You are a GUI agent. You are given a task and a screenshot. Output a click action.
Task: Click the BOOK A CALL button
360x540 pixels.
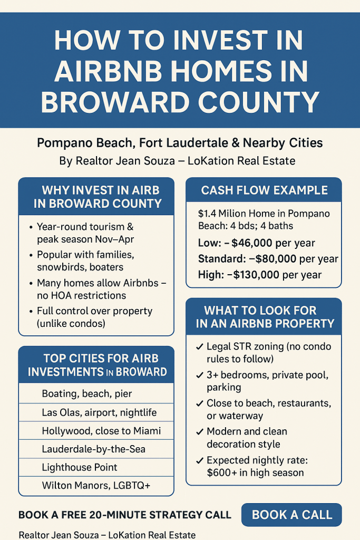coord(291,515)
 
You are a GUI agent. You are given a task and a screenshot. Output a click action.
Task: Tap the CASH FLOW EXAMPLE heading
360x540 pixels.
coord(264,190)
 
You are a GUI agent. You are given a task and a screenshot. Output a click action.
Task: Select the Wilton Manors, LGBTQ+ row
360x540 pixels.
coord(96,485)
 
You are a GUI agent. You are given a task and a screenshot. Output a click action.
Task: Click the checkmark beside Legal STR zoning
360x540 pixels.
coord(199,347)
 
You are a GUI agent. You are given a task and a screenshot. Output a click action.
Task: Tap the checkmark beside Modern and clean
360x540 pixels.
coord(199,431)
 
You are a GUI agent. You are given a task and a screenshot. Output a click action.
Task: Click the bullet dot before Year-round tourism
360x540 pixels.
coord(31,227)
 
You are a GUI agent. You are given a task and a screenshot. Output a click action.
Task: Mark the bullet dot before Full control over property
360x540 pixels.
coord(31,312)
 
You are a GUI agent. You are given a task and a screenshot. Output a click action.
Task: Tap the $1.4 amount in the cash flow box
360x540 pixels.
coord(207,214)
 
